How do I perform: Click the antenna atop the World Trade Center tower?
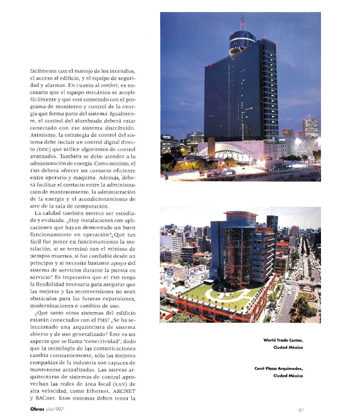pos(242,21)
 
